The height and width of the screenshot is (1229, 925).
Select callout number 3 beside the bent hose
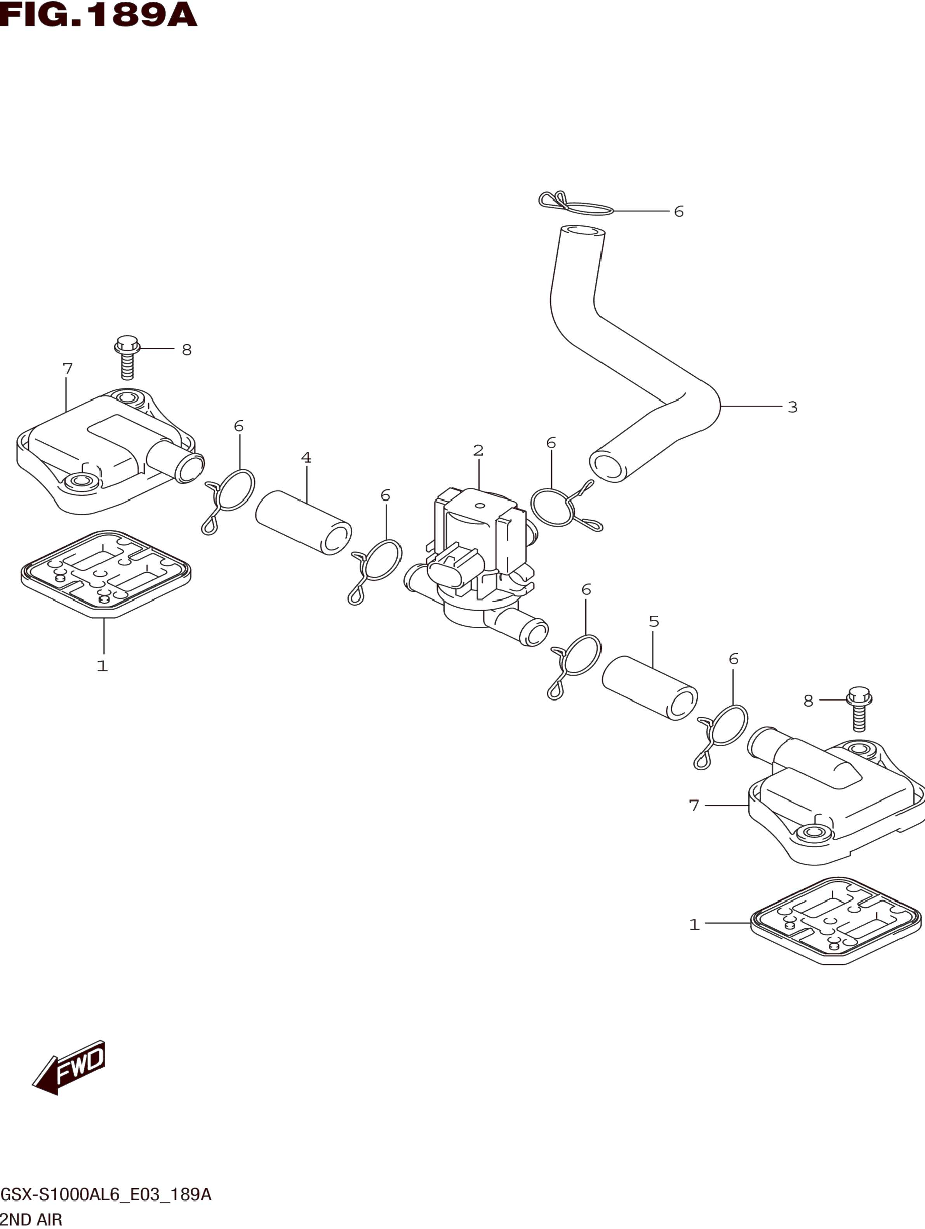click(792, 407)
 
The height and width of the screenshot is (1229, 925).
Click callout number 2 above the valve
click(478, 451)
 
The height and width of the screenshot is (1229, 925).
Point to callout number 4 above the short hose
click(306, 458)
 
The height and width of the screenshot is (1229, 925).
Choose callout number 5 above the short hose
click(654, 621)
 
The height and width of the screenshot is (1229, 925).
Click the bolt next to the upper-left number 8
click(127, 358)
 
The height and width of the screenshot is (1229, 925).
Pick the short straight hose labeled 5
click(650, 688)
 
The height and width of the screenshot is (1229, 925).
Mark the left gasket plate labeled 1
click(106, 574)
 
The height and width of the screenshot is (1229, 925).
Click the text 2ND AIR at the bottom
click(32, 1220)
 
